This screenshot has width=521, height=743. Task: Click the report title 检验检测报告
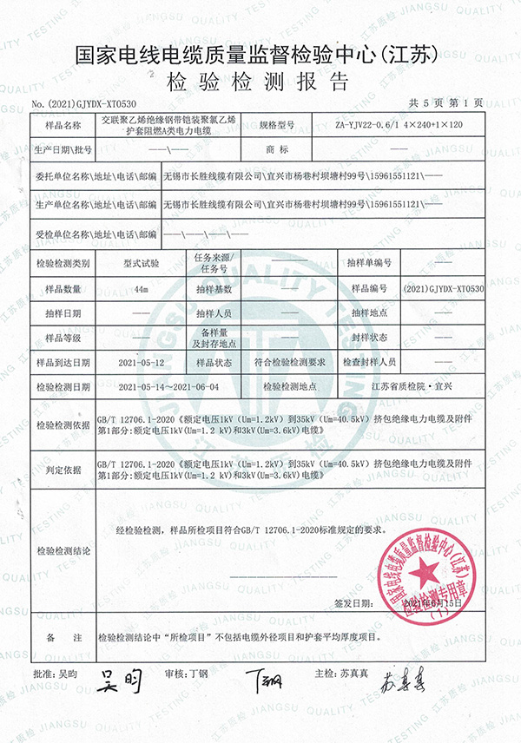click(261, 82)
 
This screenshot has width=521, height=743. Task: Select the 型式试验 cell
click(141, 262)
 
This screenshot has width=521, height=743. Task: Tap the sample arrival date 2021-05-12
click(141, 361)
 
